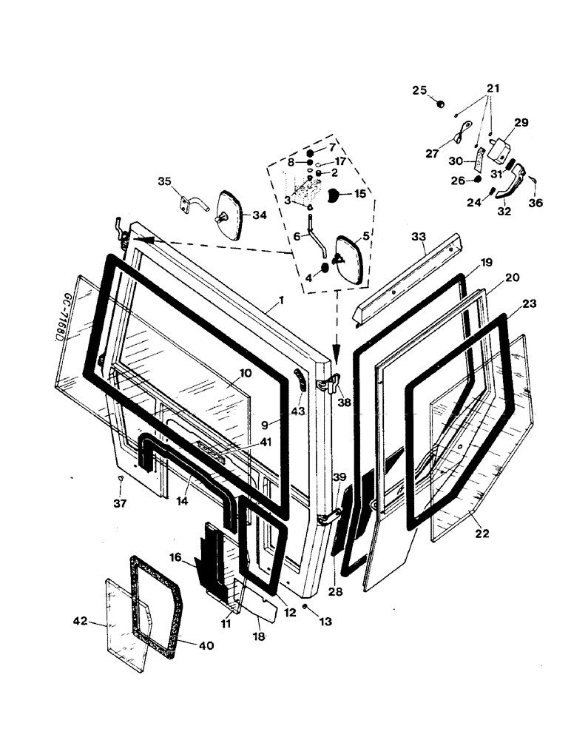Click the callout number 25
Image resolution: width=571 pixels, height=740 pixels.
coord(419,90)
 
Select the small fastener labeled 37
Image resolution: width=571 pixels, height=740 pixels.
coord(121,480)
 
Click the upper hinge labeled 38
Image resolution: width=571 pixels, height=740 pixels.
coord(331,384)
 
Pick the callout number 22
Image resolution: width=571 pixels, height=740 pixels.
coord(482,533)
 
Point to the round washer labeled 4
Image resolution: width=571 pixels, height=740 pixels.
coord(324,267)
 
